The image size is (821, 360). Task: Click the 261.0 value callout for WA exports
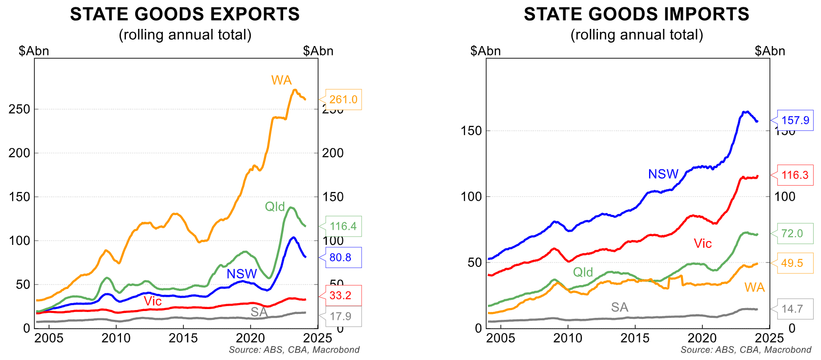pyautogui.click(x=343, y=99)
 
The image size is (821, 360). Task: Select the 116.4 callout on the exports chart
pyautogui.click(x=343, y=226)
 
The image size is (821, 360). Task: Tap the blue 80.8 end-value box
pyautogui.click(x=340, y=258)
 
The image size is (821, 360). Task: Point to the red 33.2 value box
pyautogui.click(x=340, y=295)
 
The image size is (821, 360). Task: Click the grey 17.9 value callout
pyautogui.click(x=340, y=316)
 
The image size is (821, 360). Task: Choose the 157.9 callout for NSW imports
pyautogui.click(x=795, y=120)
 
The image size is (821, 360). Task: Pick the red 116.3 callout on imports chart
pyautogui.click(x=795, y=175)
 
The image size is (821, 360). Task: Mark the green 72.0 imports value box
pyautogui.click(x=792, y=234)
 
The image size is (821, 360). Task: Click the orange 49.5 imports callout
pyautogui.click(x=792, y=263)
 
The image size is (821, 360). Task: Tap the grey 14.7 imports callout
pyautogui.click(x=792, y=309)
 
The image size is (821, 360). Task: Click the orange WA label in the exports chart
pyautogui.click(x=281, y=80)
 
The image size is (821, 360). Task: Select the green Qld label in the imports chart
pyautogui.click(x=583, y=272)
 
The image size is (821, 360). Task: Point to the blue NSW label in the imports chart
pyautogui.click(x=663, y=174)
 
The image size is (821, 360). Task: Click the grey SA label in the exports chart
pyautogui.click(x=259, y=312)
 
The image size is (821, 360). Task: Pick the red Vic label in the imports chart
pyautogui.click(x=703, y=243)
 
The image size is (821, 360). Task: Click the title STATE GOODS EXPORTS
pyautogui.click(x=185, y=14)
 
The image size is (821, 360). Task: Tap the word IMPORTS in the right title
pyautogui.click(x=706, y=14)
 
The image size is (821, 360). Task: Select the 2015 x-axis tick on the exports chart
pyautogui.click(x=183, y=338)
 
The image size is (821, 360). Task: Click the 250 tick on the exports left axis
pyautogui.click(x=20, y=109)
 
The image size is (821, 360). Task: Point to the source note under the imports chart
pyautogui.click(x=746, y=350)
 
